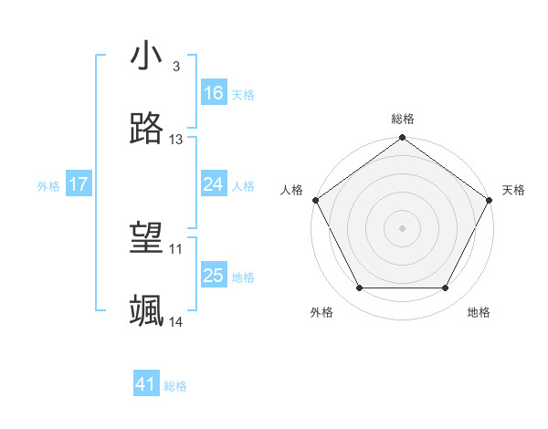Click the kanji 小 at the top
pos(146,57)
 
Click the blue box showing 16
pos(214,92)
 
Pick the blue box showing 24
pos(214,184)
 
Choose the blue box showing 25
pos(214,276)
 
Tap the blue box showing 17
pos(79,184)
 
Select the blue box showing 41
pos(146,384)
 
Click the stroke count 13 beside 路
pos(176,140)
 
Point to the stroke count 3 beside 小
pos(175,67)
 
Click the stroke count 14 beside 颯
pos(176,322)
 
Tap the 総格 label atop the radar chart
pos(403,119)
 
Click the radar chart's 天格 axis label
pos(513,190)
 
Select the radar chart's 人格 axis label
pos(291,190)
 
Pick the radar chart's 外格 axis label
pos(321,312)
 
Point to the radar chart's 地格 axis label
pos(479,312)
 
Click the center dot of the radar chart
pos(403,228)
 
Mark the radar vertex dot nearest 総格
pos(403,139)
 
